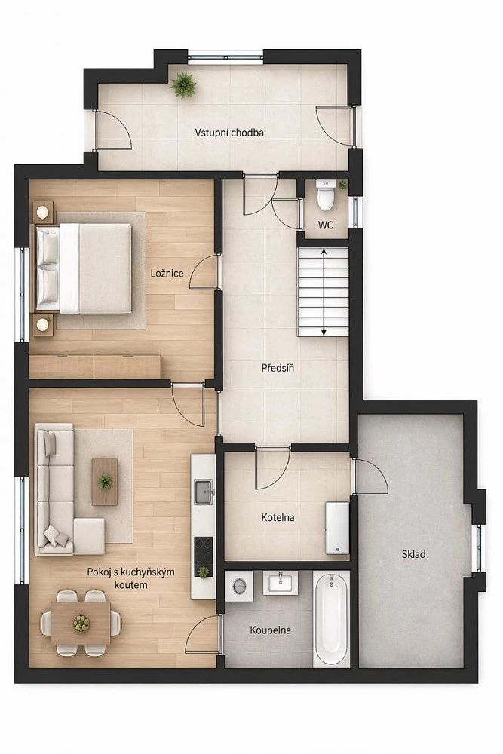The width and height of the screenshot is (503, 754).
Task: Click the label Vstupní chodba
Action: point(229,133)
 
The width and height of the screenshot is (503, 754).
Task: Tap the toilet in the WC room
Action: point(326,195)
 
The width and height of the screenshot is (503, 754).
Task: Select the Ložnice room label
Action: point(167,274)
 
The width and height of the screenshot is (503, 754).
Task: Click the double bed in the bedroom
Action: point(81,268)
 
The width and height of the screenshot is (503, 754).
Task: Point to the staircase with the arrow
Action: point(324,292)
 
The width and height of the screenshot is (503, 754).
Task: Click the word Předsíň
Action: point(278,369)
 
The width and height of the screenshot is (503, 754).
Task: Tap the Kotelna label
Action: point(278,518)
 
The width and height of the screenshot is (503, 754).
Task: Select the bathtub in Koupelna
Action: point(331,618)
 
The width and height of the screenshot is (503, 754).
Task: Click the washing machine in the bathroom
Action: point(240,586)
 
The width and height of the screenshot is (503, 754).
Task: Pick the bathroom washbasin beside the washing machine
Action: point(281,583)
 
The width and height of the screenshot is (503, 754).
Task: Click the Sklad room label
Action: point(413,554)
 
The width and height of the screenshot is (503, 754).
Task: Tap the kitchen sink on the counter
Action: point(204,492)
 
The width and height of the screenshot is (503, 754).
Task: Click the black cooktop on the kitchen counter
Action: point(204,557)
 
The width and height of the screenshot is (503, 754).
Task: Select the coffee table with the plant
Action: point(105,481)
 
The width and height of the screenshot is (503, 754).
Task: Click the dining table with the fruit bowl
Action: point(81,624)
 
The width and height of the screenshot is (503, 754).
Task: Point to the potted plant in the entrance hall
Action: point(183,85)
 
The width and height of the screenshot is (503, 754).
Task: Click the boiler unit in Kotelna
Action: point(337,529)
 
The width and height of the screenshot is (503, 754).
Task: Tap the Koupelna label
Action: point(270,630)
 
